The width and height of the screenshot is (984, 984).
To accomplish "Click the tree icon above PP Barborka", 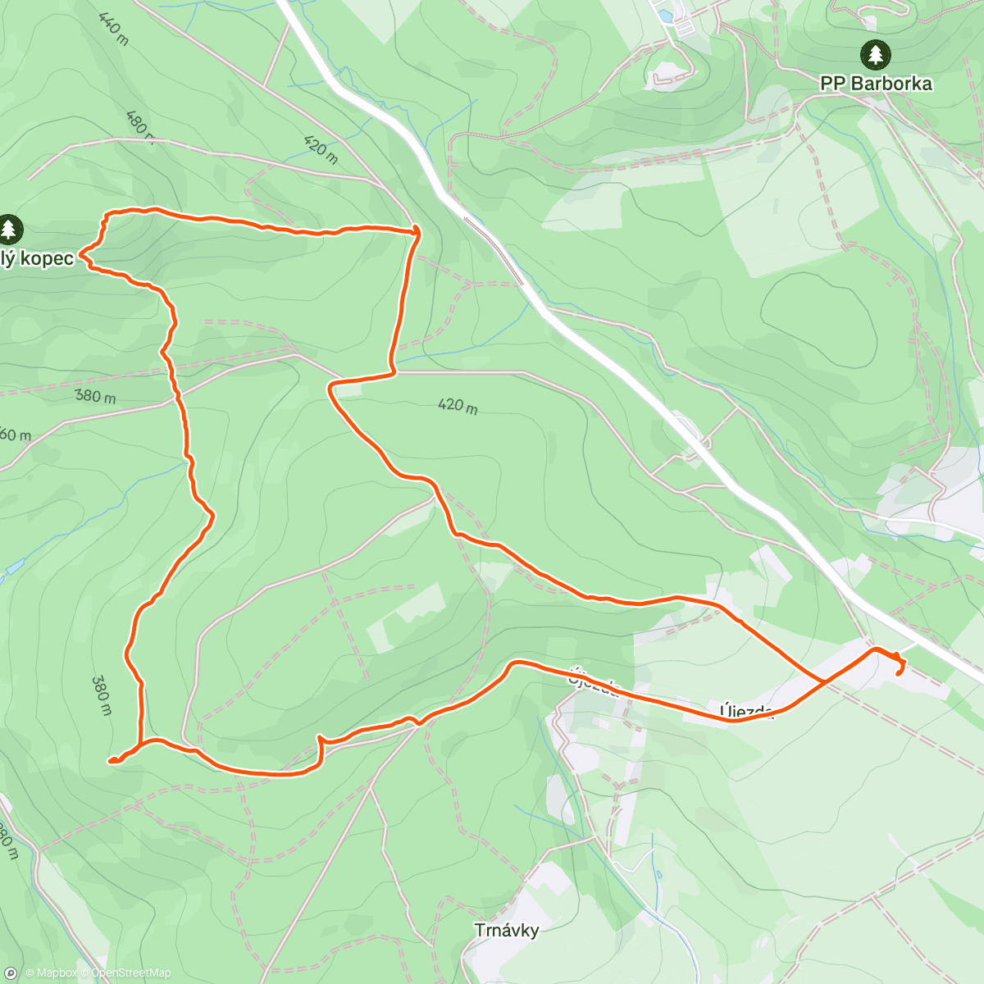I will (x=876, y=55).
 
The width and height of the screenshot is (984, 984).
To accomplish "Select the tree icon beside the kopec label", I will (x=9, y=229).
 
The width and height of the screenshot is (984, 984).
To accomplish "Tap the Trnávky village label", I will (x=507, y=930).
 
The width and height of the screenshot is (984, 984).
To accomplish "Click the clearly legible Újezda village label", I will (x=746, y=711).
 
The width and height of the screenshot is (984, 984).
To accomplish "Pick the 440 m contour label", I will (x=112, y=29).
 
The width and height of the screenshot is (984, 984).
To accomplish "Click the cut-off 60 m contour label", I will (x=15, y=435).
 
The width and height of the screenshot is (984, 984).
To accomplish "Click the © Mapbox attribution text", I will (x=52, y=973).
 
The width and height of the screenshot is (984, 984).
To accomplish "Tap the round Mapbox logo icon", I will (x=10, y=973).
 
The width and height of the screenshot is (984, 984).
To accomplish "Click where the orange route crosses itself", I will (x=823, y=681).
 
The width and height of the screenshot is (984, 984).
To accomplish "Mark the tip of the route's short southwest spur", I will (x=110, y=761).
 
